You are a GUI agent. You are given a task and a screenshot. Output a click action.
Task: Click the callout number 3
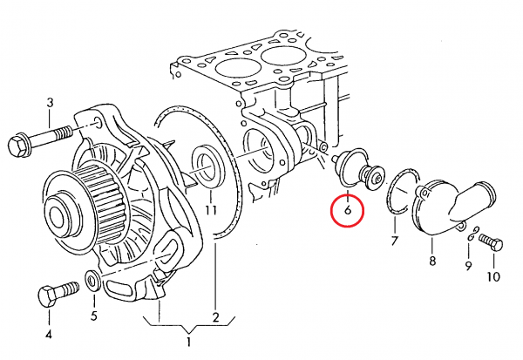point(50,104)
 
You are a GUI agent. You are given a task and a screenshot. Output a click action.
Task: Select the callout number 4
point(49,334)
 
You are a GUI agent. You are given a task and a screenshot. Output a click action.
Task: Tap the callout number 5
point(93,316)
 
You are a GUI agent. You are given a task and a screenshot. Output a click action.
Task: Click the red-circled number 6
point(348,210)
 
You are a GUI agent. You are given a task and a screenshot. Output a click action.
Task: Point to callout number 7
point(394,240)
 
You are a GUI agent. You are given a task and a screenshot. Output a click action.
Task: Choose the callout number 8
point(431,260)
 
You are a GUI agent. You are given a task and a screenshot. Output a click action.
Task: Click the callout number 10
point(494,277)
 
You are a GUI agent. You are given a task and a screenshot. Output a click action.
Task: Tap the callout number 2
point(215,316)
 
